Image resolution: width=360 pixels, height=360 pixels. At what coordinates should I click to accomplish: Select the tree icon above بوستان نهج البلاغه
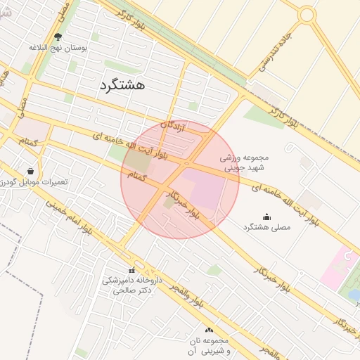coord(58,37)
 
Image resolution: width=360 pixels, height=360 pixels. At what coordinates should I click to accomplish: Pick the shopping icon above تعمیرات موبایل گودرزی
coord(30,170)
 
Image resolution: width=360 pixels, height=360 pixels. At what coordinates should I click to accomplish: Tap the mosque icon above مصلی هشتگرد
coord(266,217)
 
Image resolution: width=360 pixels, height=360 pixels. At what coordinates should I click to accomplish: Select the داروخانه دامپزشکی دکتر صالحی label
coord(131,284)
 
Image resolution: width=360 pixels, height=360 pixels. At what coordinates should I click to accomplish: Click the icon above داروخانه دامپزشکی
coord(131,271)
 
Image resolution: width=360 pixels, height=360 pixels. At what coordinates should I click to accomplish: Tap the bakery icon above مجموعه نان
coord(209,330)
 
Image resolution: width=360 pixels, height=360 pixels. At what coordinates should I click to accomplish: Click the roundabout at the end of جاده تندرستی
coord(307,14)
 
